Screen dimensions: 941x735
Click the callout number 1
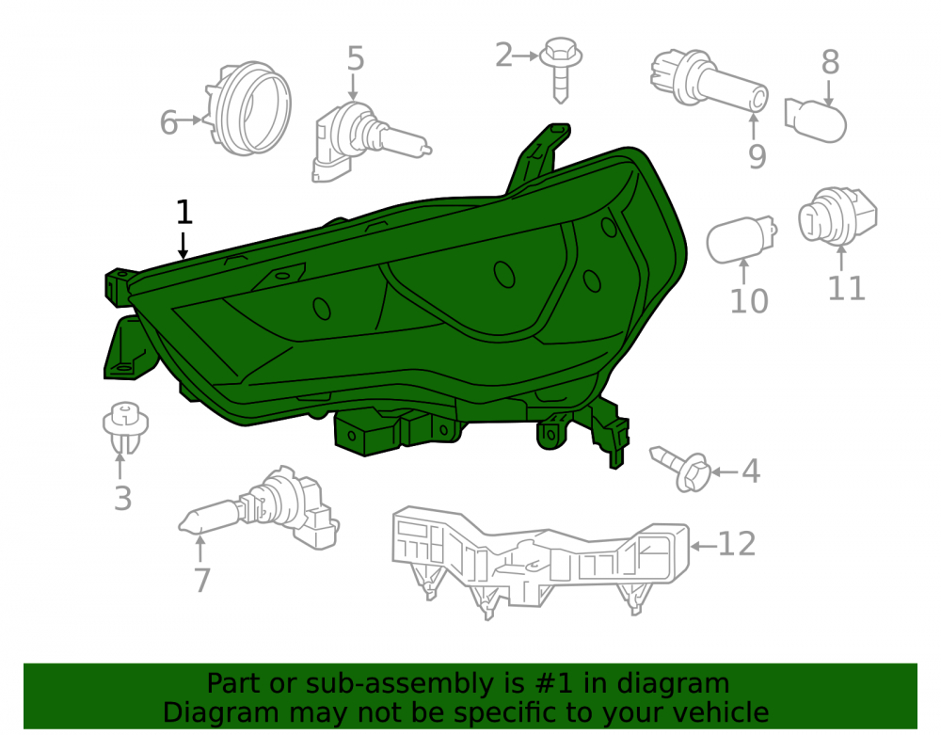184,212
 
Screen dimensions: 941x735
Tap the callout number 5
356,58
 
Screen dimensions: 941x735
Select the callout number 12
737,544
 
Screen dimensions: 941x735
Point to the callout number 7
201,581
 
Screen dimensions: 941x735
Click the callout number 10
748,300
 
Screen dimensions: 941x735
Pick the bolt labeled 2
561,69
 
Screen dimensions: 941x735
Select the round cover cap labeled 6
248,108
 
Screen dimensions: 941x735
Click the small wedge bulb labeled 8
815,120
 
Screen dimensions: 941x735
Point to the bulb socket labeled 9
709,82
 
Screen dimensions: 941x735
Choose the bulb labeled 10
742,239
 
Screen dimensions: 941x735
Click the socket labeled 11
837,216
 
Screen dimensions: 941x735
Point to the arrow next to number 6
191,120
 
